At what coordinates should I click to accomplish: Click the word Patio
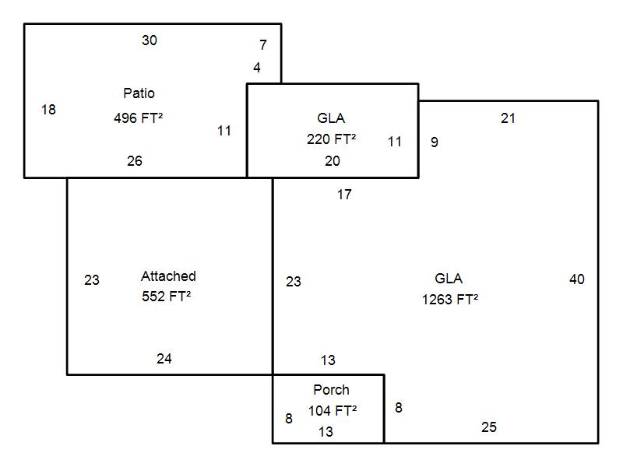coord(139,93)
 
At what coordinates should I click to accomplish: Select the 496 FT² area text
coord(139,118)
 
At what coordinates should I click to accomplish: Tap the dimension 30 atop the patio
coord(150,40)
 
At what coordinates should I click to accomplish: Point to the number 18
coord(48,110)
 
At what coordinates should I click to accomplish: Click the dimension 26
coord(135,161)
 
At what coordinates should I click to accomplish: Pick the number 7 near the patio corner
coord(263,45)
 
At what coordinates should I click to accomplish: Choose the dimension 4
coord(257,68)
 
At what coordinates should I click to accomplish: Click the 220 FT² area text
coord(332,139)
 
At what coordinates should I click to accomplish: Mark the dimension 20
coord(333,161)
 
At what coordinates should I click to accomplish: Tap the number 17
coord(344,195)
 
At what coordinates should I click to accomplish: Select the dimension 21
coord(509,118)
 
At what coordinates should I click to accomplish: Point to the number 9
coord(435,142)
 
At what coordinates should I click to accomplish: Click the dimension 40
coord(577,279)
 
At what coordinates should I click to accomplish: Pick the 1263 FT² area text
coord(450,300)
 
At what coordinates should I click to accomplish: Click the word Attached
coord(168,276)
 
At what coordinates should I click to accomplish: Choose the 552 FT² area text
coord(167,297)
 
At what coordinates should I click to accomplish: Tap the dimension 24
coord(164,359)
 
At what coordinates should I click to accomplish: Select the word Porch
coord(332,390)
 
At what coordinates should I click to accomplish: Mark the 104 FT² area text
coord(333,411)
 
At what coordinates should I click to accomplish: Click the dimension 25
coord(489,427)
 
